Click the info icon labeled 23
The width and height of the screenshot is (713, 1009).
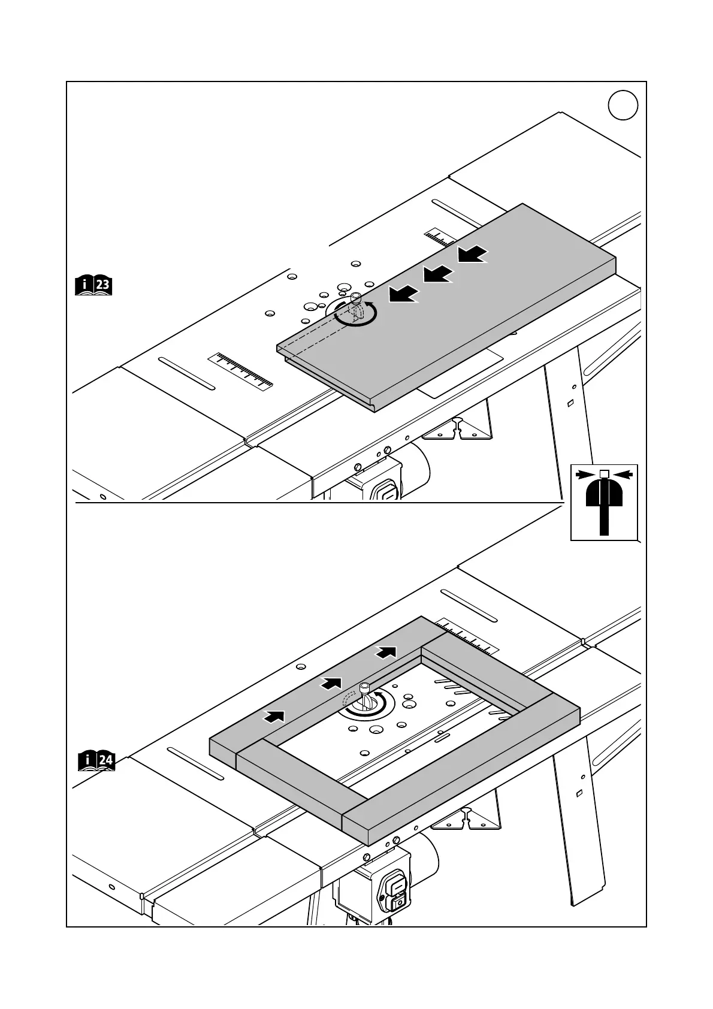[x=94, y=285]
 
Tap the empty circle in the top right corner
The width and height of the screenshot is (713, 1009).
[x=623, y=105]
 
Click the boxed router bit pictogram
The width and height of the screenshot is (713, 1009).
[x=604, y=502]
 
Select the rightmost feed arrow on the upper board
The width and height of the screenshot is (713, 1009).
[x=472, y=254]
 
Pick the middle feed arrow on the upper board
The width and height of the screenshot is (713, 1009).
[x=438, y=274]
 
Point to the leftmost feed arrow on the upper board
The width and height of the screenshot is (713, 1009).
[x=403, y=294]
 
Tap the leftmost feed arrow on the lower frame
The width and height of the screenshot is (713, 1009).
[x=274, y=715]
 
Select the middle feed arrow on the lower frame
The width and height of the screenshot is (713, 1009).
[x=331, y=682]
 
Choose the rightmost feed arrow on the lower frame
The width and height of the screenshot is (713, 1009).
[x=386, y=651]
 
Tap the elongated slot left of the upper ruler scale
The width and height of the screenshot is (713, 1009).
[x=186, y=374]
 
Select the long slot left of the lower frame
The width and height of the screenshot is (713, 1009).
[x=195, y=763]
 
